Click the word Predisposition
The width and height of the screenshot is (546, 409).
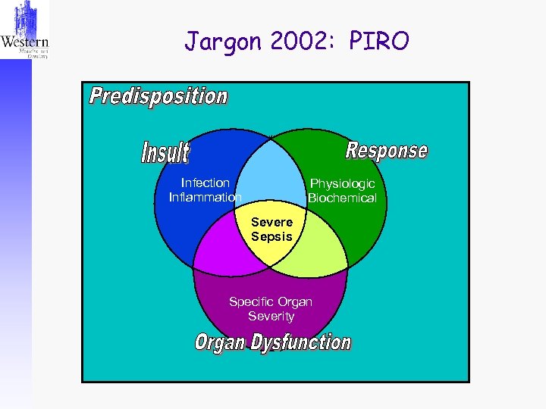point(158,97)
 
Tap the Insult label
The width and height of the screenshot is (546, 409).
point(165,152)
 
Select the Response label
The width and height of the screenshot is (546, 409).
point(386,150)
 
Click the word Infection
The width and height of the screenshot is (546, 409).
point(205,183)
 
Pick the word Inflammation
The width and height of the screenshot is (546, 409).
point(205,198)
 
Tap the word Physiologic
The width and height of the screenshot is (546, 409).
point(342,184)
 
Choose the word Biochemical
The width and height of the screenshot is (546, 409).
point(342,198)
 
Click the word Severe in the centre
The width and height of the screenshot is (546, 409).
point(271,222)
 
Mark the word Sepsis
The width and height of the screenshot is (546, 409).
point(271,236)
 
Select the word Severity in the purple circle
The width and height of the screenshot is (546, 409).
point(271,316)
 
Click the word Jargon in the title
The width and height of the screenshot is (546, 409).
point(219,42)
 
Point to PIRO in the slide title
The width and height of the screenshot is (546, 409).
point(378,42)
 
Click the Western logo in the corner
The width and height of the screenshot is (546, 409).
point(25,30)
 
